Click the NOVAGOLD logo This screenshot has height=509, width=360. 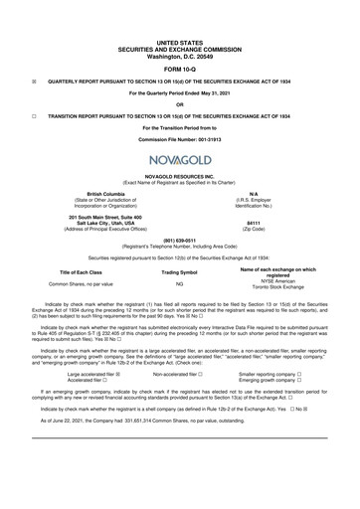179,161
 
